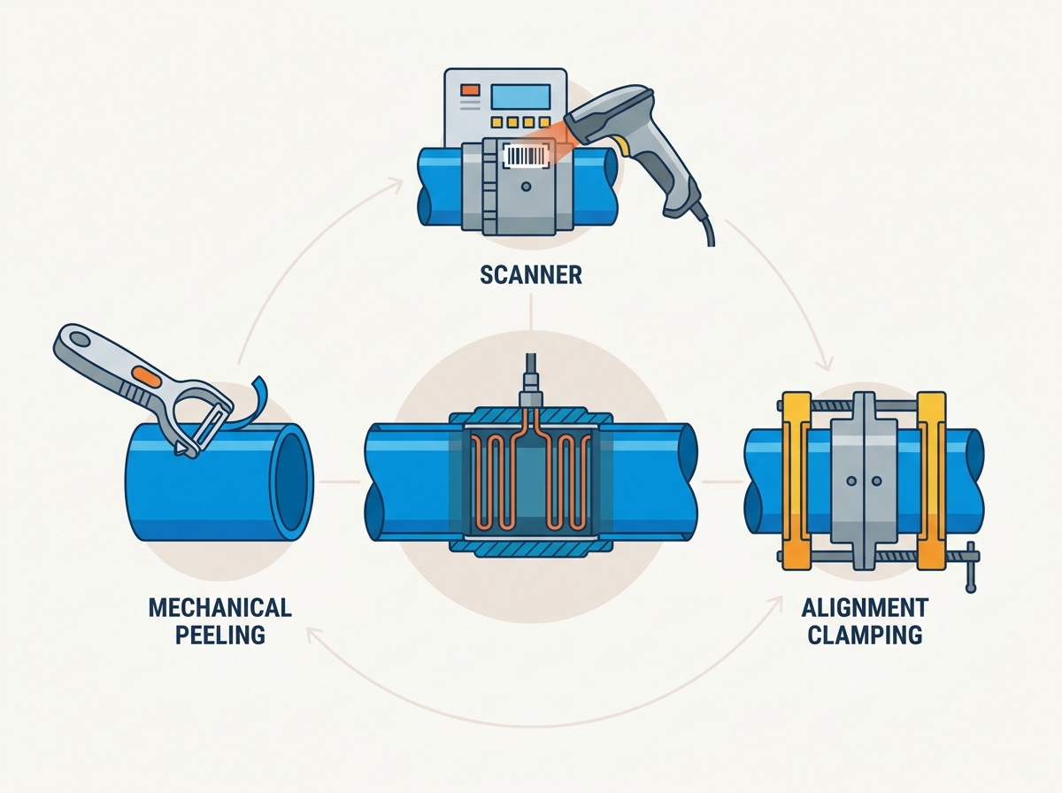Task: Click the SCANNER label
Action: [x=531, y=275]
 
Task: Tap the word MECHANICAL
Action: [x=220, y=608]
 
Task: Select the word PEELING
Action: [x=220, y=635]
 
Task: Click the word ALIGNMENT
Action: [x=865, y=608]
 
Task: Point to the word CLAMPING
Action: [x=865, y=635]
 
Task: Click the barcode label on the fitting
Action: [x=527, y=157]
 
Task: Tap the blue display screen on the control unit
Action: [x=520, y=96]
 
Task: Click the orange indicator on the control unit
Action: [x=470, y=90]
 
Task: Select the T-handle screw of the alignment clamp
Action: [x=970, y=566]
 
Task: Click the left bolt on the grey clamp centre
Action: [x=851, y=481]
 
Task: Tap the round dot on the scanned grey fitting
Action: [x=526, y=186]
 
